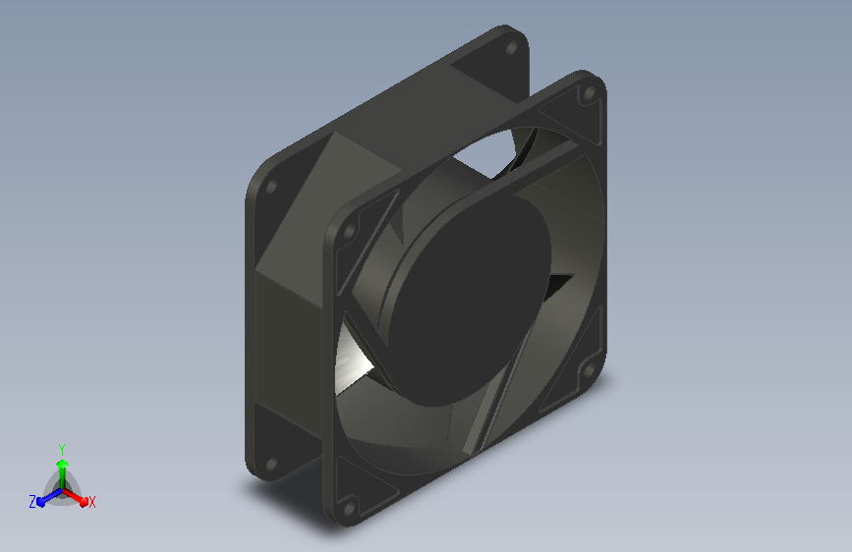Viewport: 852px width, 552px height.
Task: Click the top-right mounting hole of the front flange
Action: pos(589,93)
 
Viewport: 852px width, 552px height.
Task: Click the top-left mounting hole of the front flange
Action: pos(350,232)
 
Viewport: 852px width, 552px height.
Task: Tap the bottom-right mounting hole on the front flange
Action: pos(589,371)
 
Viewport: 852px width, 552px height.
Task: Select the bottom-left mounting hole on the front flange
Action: pos(350,509)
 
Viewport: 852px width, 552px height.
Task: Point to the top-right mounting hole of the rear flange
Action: pos(511,48)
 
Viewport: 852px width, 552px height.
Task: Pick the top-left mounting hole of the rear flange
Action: pos(271,188)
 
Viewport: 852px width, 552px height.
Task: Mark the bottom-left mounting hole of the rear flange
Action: pos(271,465)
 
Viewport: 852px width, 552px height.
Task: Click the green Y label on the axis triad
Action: pos(62,450)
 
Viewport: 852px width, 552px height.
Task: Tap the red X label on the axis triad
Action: pos(91,502)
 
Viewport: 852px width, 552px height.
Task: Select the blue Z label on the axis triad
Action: pos(32,502)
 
